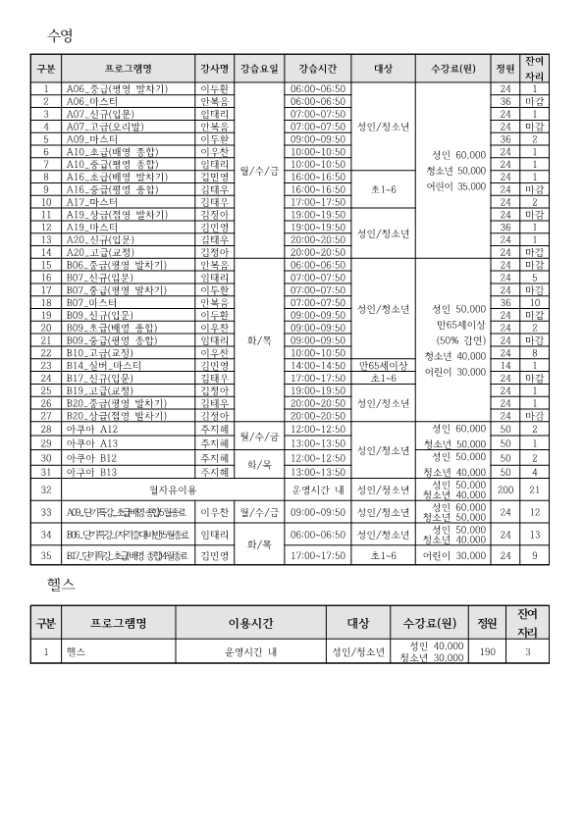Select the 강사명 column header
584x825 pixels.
[215, 69]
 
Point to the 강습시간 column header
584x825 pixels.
[317, 69]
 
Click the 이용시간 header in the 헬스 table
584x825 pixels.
[250, 623]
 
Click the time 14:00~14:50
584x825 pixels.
[317, 365]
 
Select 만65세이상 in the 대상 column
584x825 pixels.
[384, 365]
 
